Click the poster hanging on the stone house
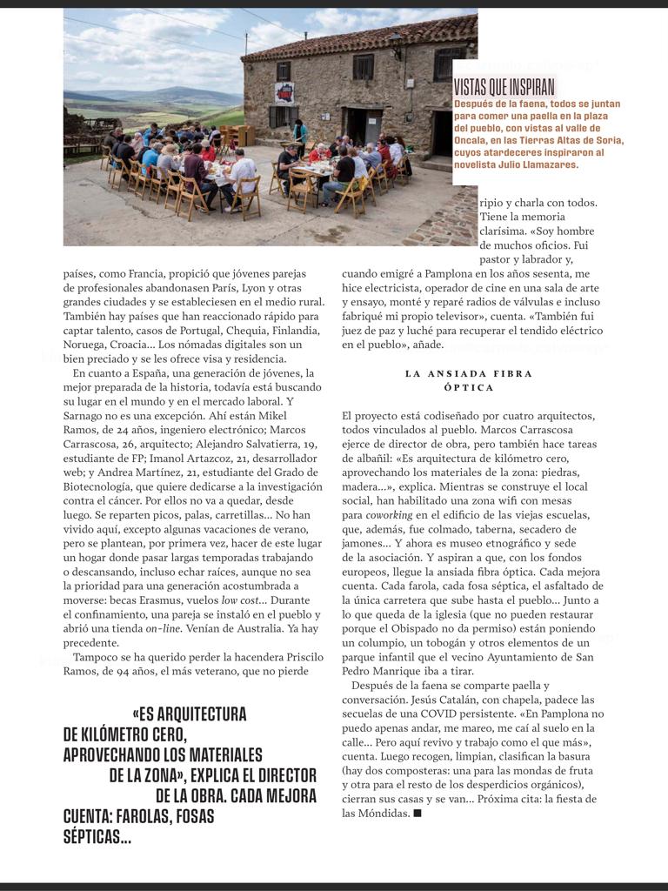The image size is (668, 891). pyautogui.click(x=284, y=91)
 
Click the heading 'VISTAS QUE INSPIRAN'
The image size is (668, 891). pyautogui.click(x=504, y=87)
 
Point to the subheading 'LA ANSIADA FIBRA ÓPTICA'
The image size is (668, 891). pyautogui.click(x=469, y=380)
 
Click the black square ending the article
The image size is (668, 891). pyautogui.click(x=417, y=813)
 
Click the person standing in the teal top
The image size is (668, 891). pyautogui.click(x=301, y=134)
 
